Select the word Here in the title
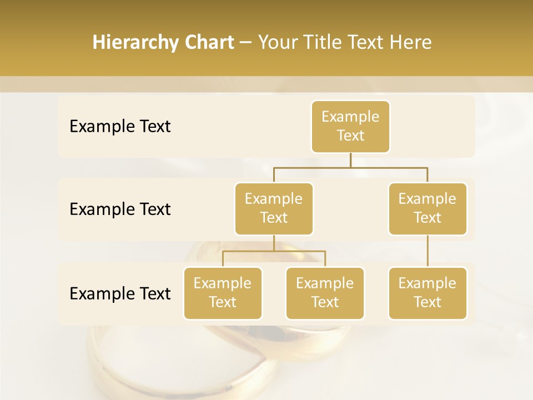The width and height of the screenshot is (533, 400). point(410,42)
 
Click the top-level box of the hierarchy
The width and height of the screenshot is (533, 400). point(350,126)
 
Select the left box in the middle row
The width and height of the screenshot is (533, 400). point(274,208)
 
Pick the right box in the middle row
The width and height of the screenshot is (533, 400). point(428,208)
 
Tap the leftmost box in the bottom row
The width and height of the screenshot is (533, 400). point(223,293)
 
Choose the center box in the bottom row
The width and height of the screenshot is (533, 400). point(325,293)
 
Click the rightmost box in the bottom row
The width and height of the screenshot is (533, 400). point(428,293)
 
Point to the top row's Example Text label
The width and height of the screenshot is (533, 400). point(120,127)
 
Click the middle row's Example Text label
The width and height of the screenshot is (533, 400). point(120,209)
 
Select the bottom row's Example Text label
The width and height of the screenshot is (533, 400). point(120,293)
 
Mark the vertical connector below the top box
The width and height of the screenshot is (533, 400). point(350,159)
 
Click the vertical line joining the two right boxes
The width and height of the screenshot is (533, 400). point(428,251)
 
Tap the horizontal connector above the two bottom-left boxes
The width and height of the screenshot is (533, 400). point(274,251)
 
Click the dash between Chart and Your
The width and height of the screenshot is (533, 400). point(245,42)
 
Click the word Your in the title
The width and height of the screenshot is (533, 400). point(277,42)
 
